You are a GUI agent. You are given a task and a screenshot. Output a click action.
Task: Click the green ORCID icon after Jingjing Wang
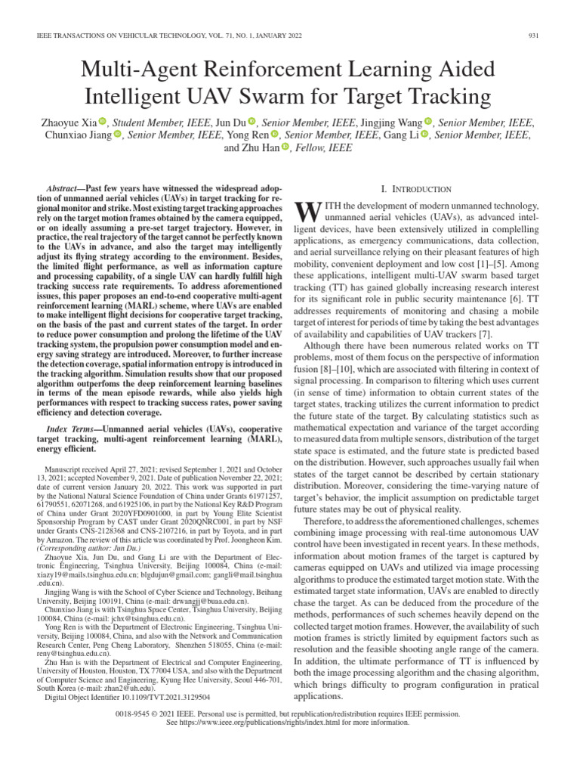428,122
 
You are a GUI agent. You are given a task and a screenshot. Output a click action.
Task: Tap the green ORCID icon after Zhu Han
285,147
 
